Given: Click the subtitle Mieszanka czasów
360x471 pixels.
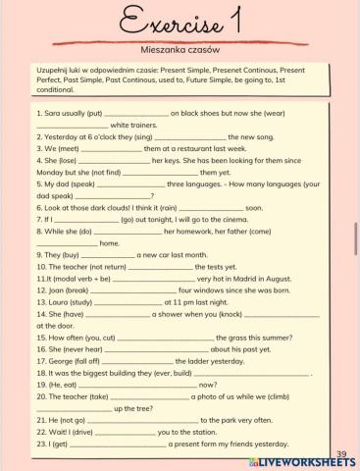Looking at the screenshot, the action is coord(180,47).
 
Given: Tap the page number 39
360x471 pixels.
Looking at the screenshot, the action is coord(341,453).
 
